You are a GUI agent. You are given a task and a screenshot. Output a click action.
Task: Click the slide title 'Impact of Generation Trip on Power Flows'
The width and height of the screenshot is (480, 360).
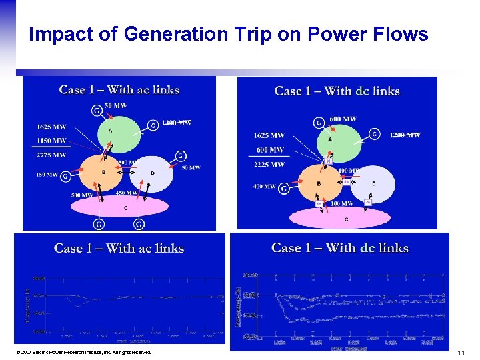click(x=228, y=34)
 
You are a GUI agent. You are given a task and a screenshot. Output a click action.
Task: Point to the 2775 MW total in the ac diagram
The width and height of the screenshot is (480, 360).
click(x=51, y=155)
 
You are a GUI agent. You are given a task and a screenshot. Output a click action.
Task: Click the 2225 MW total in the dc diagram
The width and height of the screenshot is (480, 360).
click(x=269, y=164)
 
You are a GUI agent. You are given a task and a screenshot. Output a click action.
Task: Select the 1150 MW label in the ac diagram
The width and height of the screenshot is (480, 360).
click(x=51, y=141)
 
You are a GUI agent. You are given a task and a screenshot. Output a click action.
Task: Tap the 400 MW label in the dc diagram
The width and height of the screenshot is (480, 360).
click(x=265, y=187)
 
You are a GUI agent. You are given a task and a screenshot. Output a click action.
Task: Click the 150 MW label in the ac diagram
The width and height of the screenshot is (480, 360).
click(x=47, y=175)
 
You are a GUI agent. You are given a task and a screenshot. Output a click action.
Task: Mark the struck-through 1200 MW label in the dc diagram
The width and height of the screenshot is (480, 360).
click(x=405, y=135)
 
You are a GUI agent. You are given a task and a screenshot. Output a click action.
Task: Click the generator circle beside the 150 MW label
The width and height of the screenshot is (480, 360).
click(x=65, y=176)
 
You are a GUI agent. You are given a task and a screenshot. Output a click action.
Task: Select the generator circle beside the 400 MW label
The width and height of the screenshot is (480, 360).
click(x=285, y=189)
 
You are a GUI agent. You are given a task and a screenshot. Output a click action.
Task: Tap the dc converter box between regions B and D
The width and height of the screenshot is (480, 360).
click(x=347, y=181)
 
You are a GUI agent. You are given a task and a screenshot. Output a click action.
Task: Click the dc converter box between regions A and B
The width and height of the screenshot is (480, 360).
click(x=327, y=161)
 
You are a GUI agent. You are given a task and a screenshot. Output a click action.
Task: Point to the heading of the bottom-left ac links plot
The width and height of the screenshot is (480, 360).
click(x=119, y=249)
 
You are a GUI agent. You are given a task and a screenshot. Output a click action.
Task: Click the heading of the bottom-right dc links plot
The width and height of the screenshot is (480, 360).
click(x=339, y=248)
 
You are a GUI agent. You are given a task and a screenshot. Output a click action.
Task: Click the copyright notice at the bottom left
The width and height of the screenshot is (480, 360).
click(x=86, y=352)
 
